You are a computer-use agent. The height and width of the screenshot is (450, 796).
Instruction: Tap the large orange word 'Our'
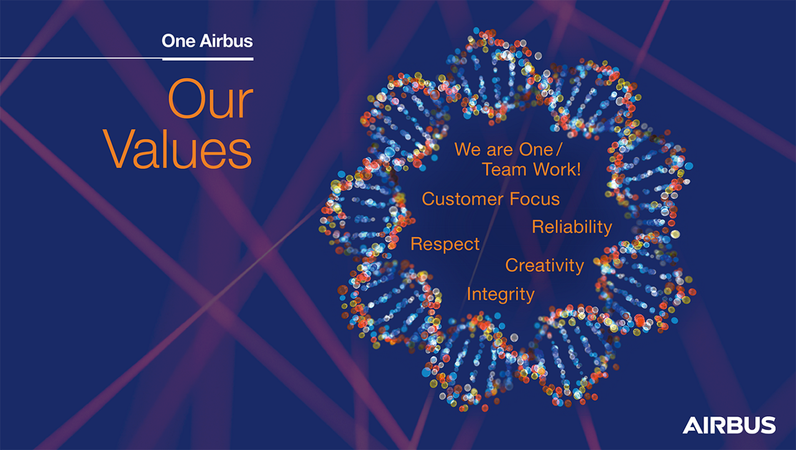click(211, 102)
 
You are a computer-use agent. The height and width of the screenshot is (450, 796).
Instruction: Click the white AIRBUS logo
click(729, 425)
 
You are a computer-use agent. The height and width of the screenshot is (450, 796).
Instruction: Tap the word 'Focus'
click(535, 199)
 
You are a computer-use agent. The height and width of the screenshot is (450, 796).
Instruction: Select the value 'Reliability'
click(572, 227)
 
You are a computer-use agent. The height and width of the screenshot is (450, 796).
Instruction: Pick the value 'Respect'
click(445, 244)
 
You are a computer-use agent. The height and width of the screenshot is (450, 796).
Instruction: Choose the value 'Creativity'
click(544, 266)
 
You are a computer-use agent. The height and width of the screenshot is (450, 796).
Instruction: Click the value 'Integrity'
click(500, 294)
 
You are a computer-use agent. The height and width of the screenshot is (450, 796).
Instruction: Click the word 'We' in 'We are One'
click(466, 150)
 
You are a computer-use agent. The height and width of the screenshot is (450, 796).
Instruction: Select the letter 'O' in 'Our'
click(187, 102)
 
